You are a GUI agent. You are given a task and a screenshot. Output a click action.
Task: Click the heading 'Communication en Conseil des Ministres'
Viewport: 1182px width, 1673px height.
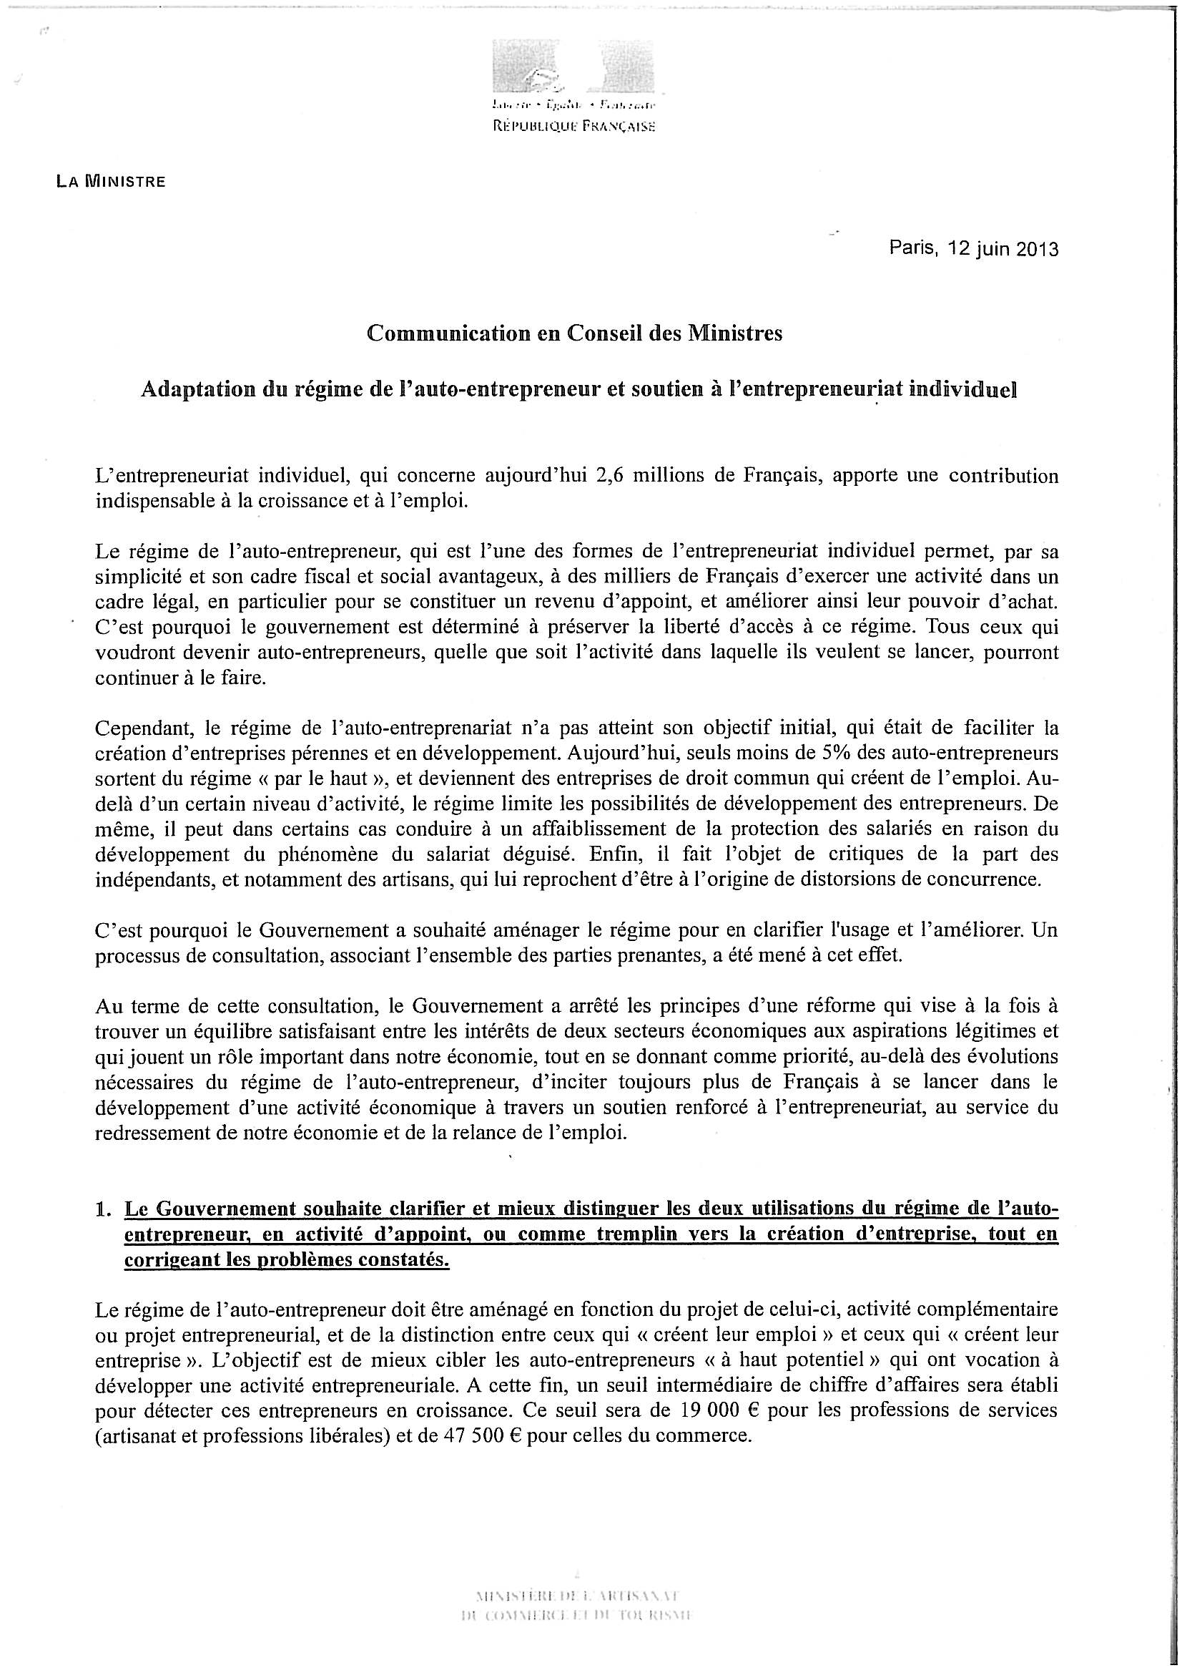click(575, 333)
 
